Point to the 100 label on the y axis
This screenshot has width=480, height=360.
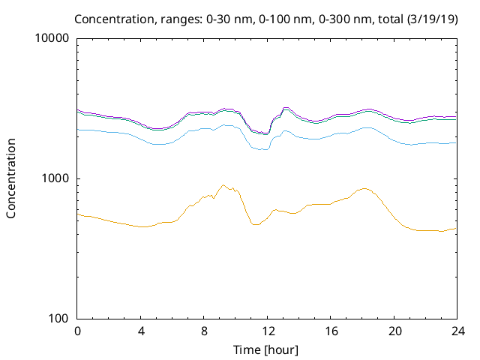coord(61,319)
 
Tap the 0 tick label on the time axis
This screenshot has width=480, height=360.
coord(77,331)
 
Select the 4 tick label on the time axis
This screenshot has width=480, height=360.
coord(141,331)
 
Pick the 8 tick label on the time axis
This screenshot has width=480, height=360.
coord(204,331)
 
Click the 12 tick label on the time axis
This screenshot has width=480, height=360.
coord(268,331)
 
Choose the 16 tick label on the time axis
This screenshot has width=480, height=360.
coord(331,331)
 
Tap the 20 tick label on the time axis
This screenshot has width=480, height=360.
coord(394,331)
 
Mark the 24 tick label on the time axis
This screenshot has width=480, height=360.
coord(457,331)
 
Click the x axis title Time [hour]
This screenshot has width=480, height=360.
coord(267,349)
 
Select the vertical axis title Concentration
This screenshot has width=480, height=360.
coord(11,178)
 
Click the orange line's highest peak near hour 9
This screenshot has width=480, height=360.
coord(223,185)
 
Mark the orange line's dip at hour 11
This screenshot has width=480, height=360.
coord(255,224)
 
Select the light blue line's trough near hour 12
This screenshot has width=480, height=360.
coord(263,150)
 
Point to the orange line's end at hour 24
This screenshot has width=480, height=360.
coord(456,228)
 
